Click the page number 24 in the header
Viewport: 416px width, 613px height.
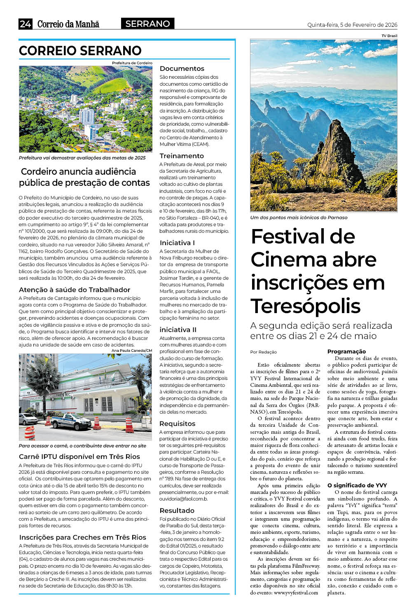point(25,24)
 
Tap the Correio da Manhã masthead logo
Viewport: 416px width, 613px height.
point(68,24)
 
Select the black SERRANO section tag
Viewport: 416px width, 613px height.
point(147,24)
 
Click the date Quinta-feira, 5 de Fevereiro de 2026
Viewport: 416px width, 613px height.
point(352,25)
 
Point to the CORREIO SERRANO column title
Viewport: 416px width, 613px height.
point(80,51)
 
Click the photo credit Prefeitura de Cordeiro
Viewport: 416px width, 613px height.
point(132,63)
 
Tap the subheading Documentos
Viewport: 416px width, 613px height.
point(182,68)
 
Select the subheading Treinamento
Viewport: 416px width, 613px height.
point(182,156)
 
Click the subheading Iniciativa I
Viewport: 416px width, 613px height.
point(177,243)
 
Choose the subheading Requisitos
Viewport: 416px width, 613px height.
point(178,423)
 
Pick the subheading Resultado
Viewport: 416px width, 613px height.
point(177,510)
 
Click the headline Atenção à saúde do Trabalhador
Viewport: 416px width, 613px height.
point(75,290)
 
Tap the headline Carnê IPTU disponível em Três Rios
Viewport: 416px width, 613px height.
point(79,456)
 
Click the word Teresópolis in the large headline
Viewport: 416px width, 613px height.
point(305,306)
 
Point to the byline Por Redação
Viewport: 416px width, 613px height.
point(264,352)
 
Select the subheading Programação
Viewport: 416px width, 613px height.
point(346,351)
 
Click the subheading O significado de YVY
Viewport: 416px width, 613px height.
point(357,485)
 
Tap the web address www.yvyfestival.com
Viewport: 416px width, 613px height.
point(296,592)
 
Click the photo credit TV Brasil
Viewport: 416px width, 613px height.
point(389,36)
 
